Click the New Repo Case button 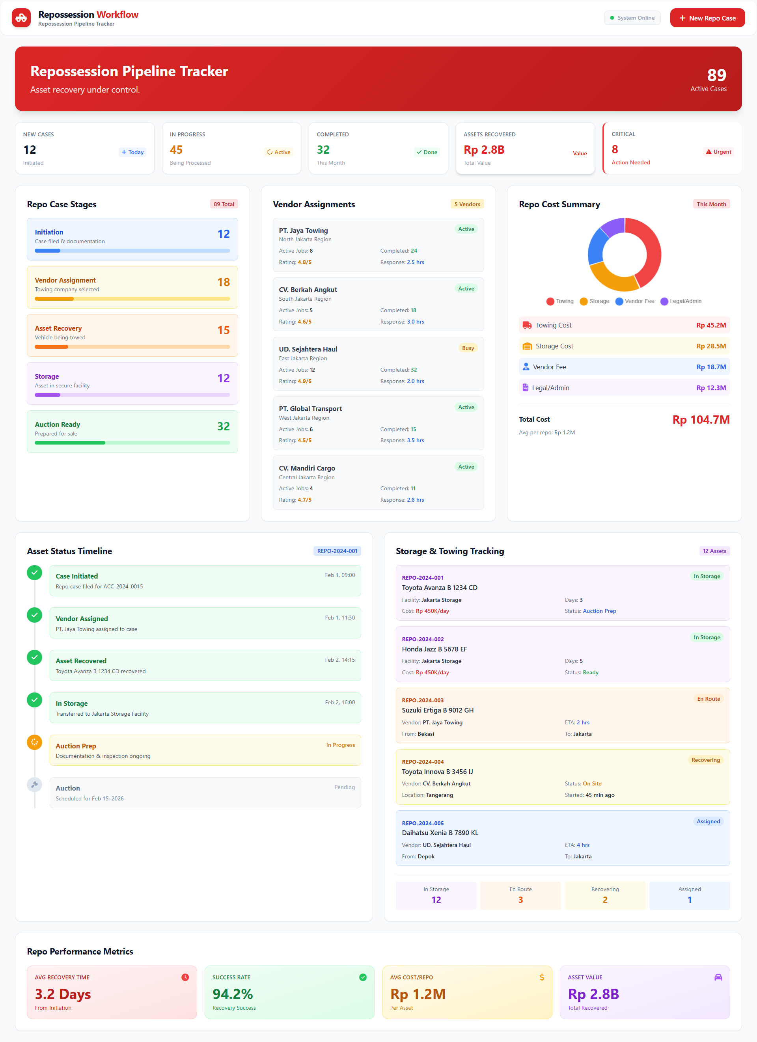pos(707,18)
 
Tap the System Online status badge pos(632,18)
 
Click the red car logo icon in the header pos(21,18)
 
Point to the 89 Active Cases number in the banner pos(716,75)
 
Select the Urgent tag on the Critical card pos(718,152)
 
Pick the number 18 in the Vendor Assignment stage pos(224,282)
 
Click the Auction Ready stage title pos(58,424)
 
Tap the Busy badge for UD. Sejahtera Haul pos(468,348)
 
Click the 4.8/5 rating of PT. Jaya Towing pos(304,262)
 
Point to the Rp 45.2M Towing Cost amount pos(710,325)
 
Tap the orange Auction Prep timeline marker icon pos(34,742)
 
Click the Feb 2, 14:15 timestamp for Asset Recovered pos(339,660)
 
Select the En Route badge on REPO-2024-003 pos(708,699)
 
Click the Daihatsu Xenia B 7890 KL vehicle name pos(440,833)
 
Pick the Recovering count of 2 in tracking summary pos(605,900)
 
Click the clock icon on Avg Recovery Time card pos(185,977)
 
